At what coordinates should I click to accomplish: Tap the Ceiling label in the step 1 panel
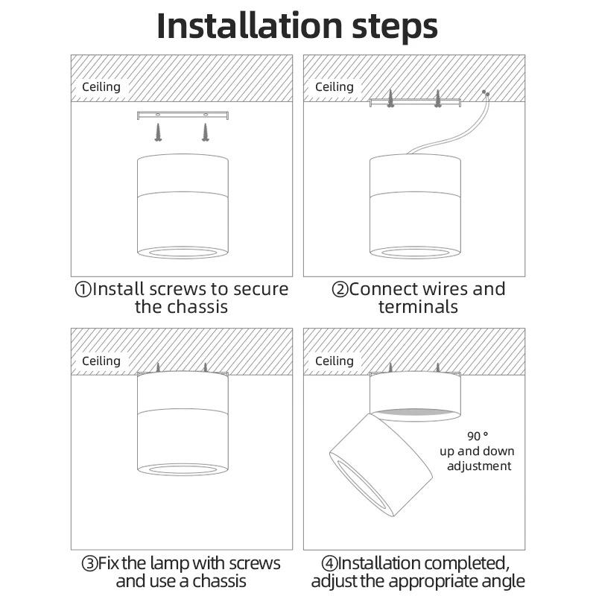point(101,87)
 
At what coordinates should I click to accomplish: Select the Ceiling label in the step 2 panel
point(334,87)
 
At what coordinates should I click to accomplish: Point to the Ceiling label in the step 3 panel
point(101,361)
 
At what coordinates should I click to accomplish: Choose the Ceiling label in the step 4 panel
point(334,361)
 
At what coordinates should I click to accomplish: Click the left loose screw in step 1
point(159,133)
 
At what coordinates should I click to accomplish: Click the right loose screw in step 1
point(205,133)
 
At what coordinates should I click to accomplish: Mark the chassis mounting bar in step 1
point(183,115)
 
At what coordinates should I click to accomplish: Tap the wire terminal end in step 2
point(486,94)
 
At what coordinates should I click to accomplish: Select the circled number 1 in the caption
point(83,289)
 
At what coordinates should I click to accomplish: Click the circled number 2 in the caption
point(340,289)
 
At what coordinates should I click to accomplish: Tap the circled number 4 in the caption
point(329,563)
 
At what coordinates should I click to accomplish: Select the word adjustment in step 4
point(479,466)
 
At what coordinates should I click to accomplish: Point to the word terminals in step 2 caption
point(418,307)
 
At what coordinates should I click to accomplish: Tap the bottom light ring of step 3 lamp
point(183,469)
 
